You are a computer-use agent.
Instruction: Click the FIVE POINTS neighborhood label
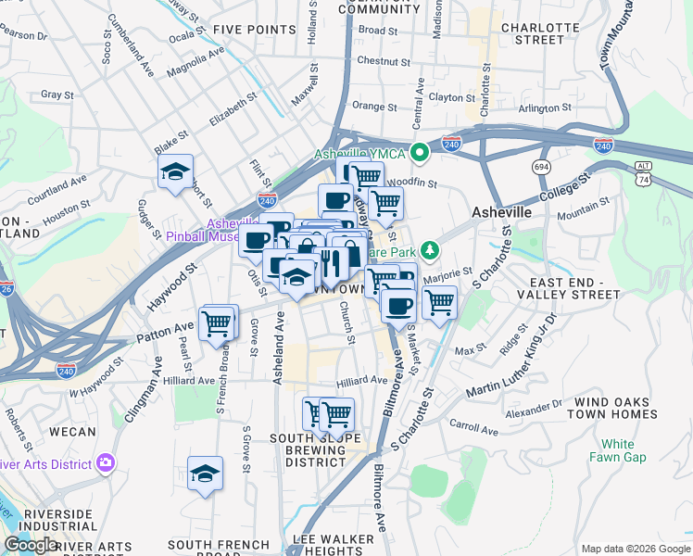(x=253, y=30)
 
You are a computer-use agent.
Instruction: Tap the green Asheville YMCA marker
(x=420, y=152)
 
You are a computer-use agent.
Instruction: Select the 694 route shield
(x=541, y=166)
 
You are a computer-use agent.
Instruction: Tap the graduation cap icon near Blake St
(x=174, y=171)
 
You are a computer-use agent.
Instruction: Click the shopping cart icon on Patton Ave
(x=217, y=323)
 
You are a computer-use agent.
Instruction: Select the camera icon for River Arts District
(x=105, y=461)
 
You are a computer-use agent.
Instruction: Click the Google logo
(x=30, y=545)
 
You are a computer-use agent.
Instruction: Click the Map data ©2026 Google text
(x=635, y=549)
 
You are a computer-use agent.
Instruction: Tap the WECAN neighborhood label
(x=72, y=432)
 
